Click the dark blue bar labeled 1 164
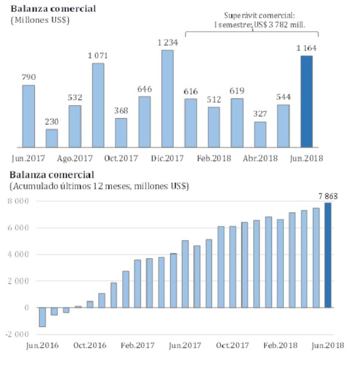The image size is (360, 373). tap(306, 101)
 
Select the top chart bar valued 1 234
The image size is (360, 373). tap(167, 98)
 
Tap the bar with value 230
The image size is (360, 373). tap(52, 138)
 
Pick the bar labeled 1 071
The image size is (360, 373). tap(98, 105)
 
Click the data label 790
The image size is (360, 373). tap(29, 77)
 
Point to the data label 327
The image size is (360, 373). tap(260, 113)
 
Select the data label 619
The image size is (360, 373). tap(237, 91)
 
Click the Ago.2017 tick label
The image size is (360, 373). tap(75, 158)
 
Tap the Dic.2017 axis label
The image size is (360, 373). tap(167, 158)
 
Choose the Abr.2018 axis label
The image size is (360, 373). tap(260, 158)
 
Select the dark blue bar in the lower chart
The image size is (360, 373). tap(328, 255)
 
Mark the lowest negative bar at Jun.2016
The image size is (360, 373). tap(42, 317)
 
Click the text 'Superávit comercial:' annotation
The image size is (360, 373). tap(259, 16)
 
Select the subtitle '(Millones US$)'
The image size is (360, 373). tap(40, 20)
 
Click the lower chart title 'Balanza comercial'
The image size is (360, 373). tap(52, 175)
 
